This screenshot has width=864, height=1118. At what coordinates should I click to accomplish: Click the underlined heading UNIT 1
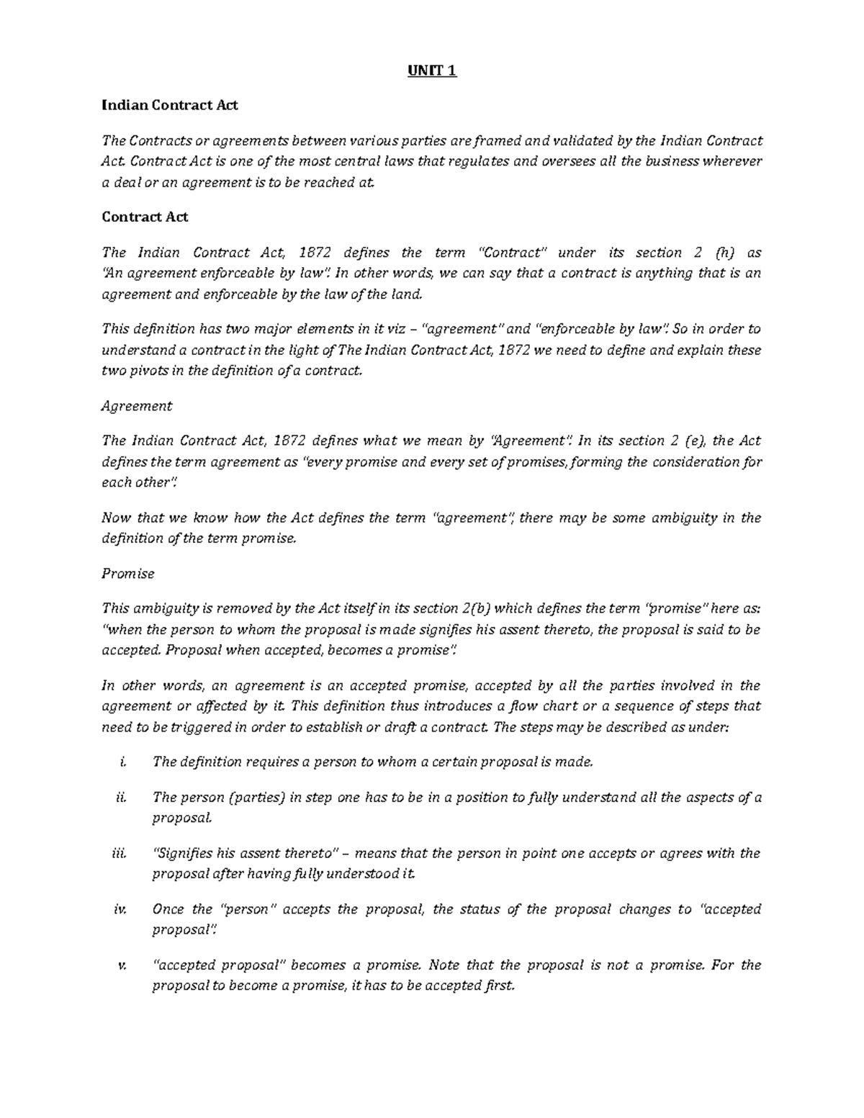pyautogui.click(x=432, y=71)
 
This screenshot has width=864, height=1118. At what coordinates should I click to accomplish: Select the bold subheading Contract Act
pyautogui.click(x=145, y=217)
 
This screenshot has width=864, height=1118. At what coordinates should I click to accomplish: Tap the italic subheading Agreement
pyautogui.click(x=137, y=406)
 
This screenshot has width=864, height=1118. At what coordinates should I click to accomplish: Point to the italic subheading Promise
pyautogui.click(x=128, y=574)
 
